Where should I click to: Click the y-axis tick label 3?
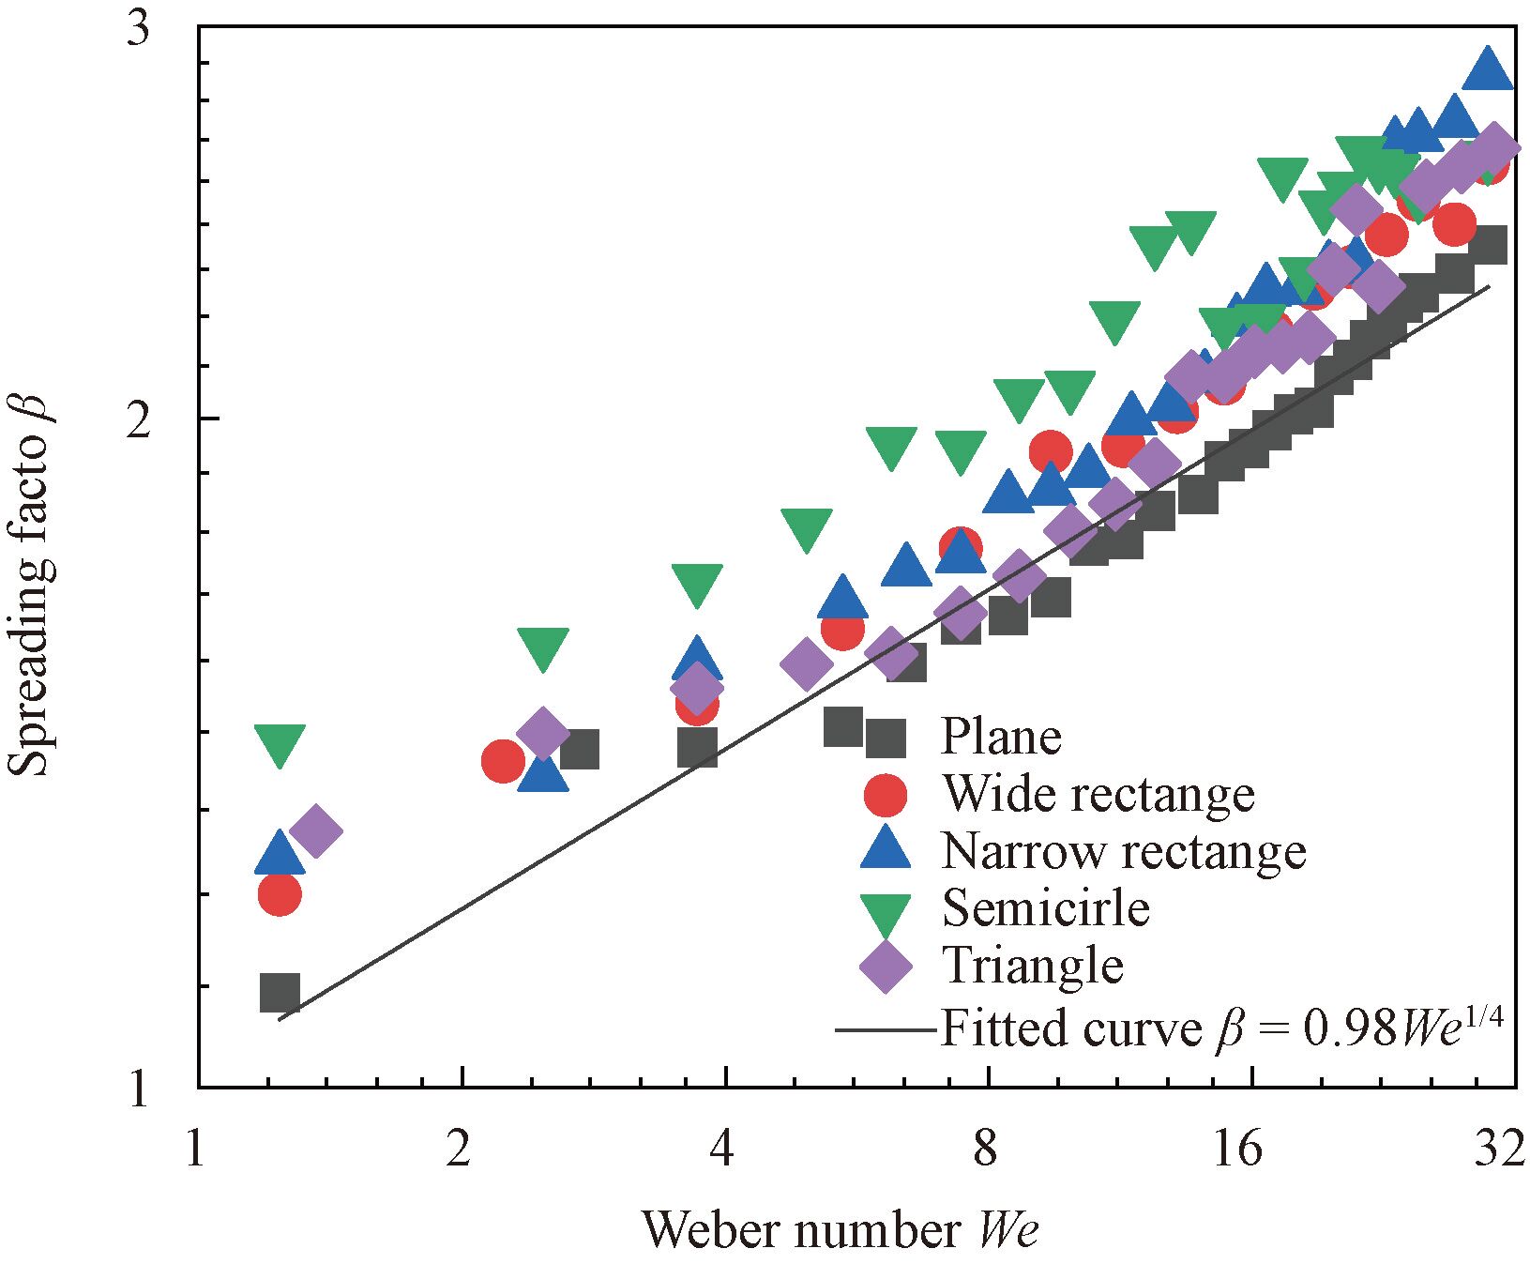(138, 31)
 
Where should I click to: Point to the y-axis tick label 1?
(138, 1089)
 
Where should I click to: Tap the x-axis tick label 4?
(720, 1148)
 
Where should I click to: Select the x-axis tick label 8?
(984, 1148)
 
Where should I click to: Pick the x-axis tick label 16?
(1237, 1148)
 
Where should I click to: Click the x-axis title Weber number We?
(840, 1229)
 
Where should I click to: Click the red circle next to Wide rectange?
(886, 795)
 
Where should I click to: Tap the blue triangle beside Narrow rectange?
(886, 849)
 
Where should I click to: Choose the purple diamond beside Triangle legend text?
(886, 967)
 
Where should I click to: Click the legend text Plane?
(1001, 737)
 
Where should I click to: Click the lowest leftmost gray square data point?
(280, 992)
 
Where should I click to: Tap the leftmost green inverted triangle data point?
(280, 744)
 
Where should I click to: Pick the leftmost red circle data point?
(280, 893)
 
